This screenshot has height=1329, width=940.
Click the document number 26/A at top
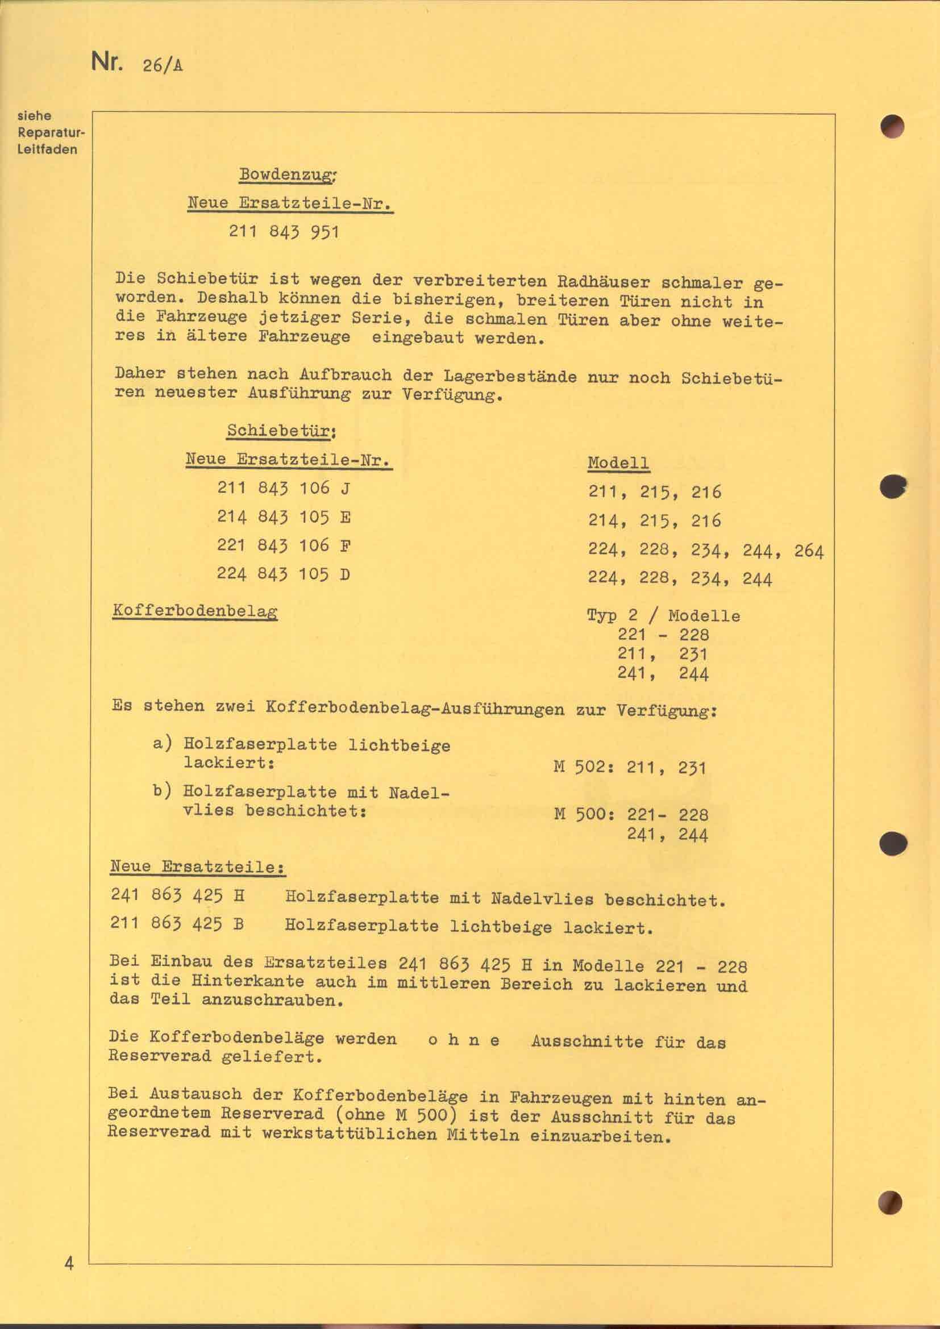161,65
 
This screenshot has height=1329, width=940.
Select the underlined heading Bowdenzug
288,174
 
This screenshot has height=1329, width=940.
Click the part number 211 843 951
284,232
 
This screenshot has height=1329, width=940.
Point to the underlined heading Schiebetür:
282,431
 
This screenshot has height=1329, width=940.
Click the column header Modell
618,463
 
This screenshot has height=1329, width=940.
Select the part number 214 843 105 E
284,517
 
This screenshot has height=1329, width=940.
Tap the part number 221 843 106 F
284,545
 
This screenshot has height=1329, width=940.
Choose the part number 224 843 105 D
284,574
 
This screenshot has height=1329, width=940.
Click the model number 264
809,551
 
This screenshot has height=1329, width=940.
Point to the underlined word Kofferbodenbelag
195,611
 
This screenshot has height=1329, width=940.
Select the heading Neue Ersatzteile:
198,867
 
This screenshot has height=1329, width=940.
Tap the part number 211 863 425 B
177,924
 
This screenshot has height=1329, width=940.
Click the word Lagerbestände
510,376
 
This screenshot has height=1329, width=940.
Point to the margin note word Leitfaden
48,149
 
